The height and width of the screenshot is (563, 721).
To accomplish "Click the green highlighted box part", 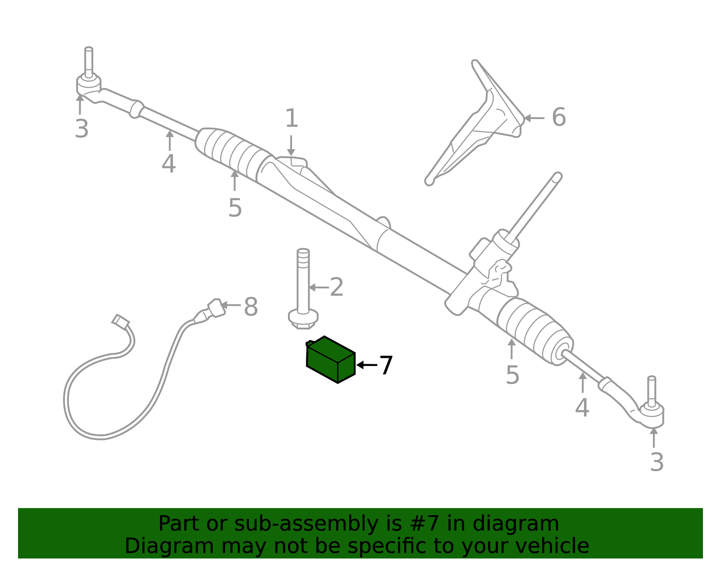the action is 330,360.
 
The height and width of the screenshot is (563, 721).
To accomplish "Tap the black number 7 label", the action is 386,365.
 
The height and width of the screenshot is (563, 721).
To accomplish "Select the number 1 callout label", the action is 292,118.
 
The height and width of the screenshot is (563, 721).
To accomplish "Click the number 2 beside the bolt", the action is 337,287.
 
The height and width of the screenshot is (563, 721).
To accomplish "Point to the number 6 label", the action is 559,117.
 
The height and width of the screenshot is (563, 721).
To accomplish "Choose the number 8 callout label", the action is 251,307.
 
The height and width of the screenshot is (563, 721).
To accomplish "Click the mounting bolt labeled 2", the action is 303,289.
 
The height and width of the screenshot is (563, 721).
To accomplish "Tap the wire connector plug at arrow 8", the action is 216,308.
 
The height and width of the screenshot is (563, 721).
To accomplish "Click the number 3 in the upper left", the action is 82,129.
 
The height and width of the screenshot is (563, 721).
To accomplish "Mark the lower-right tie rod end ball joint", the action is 652,415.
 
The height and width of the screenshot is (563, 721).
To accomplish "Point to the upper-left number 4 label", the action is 169,164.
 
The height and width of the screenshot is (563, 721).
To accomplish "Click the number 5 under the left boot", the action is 235,208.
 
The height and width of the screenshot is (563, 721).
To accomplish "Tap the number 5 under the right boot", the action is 512,375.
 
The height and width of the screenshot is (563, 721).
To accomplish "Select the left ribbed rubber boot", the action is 234,153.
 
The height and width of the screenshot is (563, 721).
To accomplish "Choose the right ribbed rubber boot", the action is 534,330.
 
